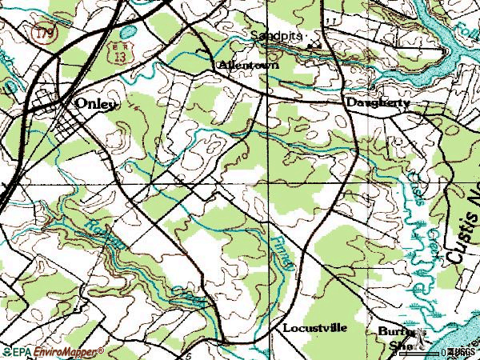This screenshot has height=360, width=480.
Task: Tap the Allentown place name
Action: point(248,66)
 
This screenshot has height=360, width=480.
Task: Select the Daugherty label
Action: point(378,103)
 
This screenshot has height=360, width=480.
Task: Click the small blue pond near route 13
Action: point(126,34)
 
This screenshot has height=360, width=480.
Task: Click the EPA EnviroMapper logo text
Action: point(53,352)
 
